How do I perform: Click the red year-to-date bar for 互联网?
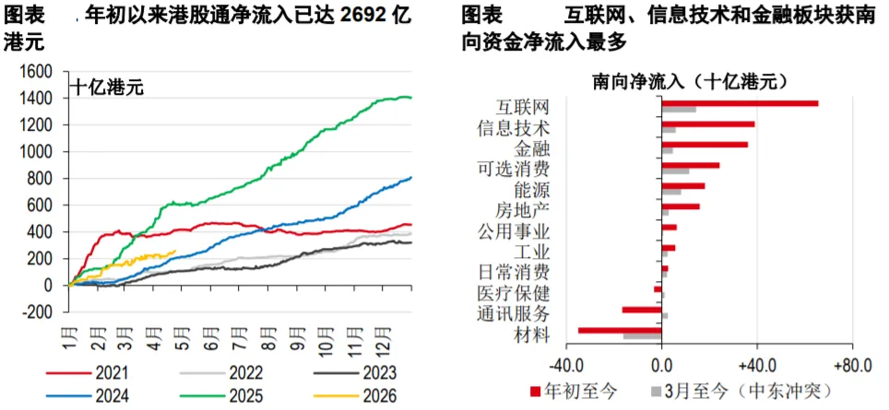(740, 103)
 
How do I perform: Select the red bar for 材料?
(620, 330)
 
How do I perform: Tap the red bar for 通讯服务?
(642, 310)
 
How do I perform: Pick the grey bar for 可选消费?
(675, 171)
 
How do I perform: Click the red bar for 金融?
(705, 145)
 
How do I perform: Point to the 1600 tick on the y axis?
(35, 71)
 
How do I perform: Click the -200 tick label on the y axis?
(36, 312)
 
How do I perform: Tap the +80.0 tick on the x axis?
(852, 366)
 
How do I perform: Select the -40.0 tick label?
(566, 366)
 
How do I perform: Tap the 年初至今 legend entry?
(574, 391)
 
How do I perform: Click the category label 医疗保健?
(513, 293)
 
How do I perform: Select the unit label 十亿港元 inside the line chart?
(107, 88)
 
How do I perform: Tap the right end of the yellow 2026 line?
(175, 251)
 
